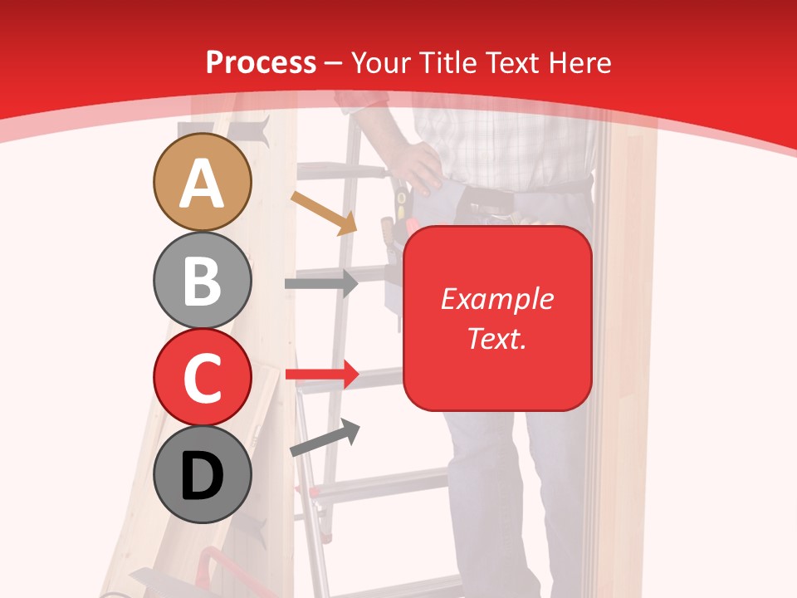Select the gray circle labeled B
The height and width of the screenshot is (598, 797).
pos(203,280)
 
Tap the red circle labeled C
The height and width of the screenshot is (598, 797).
pos(203,377)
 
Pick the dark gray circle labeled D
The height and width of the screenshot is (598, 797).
pos(203,474)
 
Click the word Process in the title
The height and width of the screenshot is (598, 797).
pos(261,62)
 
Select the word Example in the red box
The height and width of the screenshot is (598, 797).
pos(497,299)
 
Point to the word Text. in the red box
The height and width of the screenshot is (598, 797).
pos(497,338)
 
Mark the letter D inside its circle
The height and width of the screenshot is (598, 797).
pos(203,477)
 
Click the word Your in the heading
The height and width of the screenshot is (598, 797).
pos(381,62)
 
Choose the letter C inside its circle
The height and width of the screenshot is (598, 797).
pos(203,378)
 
